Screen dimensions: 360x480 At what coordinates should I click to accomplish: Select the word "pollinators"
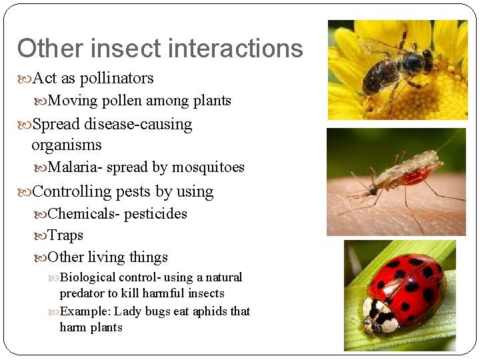117,79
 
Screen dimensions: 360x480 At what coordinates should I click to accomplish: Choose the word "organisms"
66,145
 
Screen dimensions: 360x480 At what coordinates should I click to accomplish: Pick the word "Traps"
66,235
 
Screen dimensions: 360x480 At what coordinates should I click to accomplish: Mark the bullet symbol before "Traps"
42,236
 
